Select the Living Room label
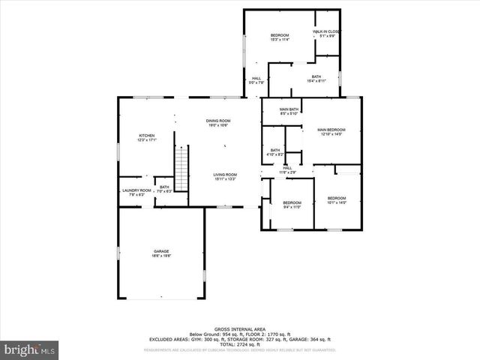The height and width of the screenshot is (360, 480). tap(224, 176)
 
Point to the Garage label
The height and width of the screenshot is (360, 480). tap(161, 253)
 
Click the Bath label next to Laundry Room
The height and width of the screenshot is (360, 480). tap(163, 189)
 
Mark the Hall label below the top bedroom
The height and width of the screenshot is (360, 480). tap(256, 80)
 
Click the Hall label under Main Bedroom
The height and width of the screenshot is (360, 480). tap(287, 169)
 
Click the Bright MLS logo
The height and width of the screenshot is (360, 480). tap(30, 349)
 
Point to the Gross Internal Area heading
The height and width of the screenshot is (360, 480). tap(239, 329)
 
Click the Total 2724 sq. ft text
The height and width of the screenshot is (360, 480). tap(239, 344)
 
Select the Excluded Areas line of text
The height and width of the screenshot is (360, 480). tap(239, 339)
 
